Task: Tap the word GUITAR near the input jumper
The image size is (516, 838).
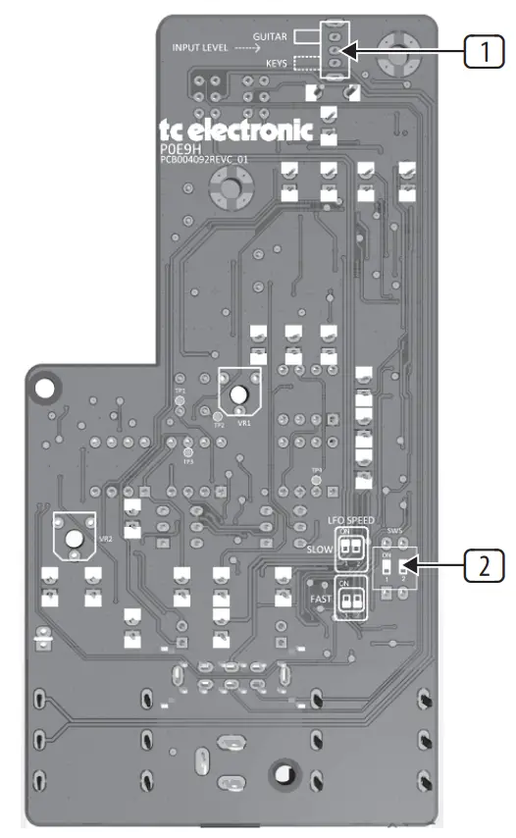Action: (270, 36)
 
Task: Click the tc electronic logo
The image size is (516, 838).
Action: (235, 129)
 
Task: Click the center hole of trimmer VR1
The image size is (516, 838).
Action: (238, 394)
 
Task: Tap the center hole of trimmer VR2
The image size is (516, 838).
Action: (74, 538)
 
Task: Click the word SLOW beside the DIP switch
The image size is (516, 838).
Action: (320, 550)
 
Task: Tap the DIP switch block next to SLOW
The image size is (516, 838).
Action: (350, 550)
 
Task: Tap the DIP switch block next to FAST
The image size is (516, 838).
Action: (350, 596)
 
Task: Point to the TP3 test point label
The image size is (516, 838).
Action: (188, 462)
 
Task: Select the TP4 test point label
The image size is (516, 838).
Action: (316, 470)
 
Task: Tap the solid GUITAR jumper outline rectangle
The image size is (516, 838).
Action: (307, 36)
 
